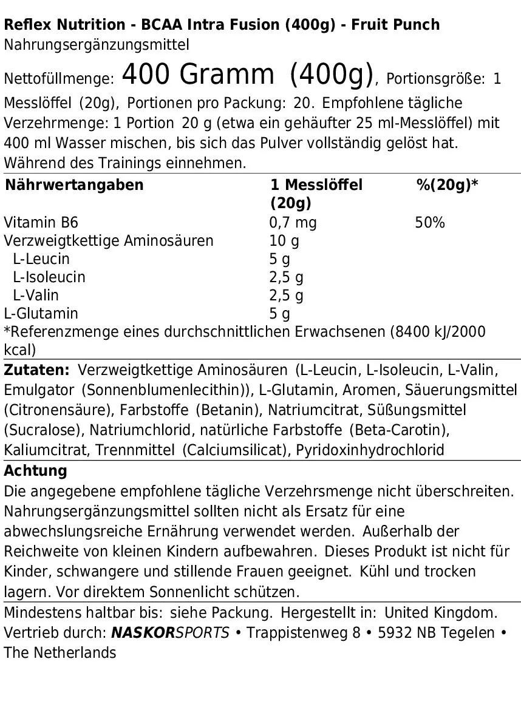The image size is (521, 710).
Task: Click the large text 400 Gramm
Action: pos(198,75)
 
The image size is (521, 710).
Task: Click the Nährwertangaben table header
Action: pos(74,185)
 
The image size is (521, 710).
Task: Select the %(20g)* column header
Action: pos(447,185)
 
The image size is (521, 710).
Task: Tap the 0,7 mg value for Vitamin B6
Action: pos(293,223)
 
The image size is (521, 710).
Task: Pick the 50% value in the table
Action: pos(429,223)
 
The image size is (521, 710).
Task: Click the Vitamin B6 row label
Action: pos(41,223)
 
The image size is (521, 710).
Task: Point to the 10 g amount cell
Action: pos(284,241)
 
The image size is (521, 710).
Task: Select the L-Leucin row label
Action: pos(41,259)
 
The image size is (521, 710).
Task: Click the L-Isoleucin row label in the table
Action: pos(49,277)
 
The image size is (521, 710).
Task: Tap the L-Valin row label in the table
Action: pos(36,296)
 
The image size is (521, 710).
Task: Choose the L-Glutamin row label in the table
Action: pos(41,314)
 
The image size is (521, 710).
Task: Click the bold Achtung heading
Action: pos(35,471)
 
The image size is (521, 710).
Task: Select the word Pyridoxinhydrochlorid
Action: pos(370,450)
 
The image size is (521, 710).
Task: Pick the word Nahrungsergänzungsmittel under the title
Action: pos(97,44)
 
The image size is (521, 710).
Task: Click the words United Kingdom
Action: pos(441,612)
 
